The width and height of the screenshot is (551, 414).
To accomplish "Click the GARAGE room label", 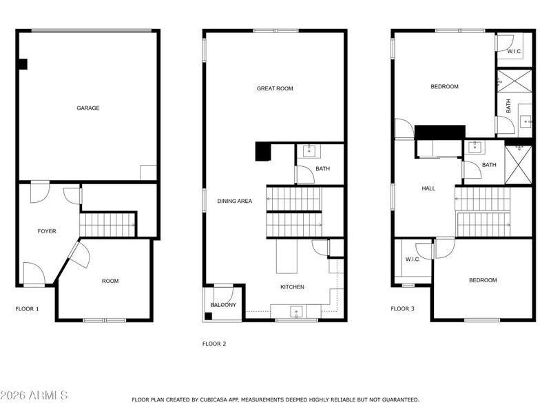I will [87, 108].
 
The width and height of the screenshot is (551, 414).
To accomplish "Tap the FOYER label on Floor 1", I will [47, 231].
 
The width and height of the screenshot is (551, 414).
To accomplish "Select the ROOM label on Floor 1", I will [110, 281].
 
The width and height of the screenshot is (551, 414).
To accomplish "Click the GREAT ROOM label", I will [275, 88].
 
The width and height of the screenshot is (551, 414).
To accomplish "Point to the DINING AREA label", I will [235, 201].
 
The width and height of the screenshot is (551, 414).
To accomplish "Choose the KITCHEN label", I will [292, 287].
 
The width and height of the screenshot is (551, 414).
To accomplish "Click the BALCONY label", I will [223, 305].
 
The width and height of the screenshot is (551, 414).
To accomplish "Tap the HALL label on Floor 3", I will [428, 188].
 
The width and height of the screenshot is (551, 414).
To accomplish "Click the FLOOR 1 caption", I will [27, 309].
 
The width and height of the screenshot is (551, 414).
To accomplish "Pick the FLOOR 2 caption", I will [214, 344].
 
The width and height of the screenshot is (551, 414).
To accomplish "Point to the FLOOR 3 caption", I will [402, 309].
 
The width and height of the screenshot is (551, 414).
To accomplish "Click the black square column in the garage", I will [22, 64].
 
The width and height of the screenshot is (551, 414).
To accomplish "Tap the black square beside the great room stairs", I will [262, 151].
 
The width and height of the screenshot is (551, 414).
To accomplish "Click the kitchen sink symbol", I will [297, 312].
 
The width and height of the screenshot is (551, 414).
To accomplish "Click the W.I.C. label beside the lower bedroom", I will [413, 259].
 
